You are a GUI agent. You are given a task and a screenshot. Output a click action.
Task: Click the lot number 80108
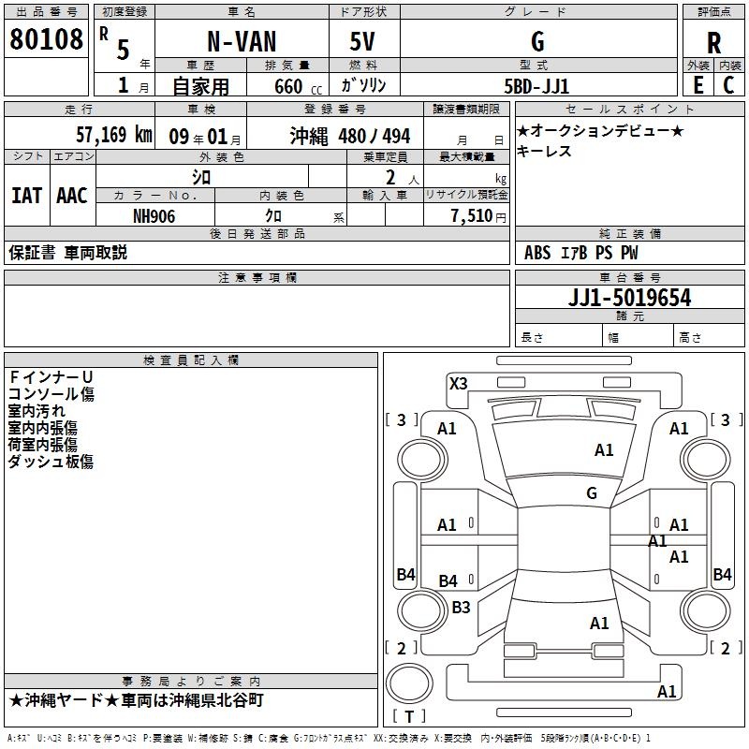tap(46, 40)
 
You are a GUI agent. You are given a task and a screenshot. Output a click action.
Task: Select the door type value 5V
tap(362, 42)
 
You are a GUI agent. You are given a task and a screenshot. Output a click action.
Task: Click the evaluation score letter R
tap(713, 43)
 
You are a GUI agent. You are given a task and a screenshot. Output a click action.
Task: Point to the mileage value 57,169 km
tap(114, 135)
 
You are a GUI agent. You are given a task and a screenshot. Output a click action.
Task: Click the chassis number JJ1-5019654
tap(629, 298)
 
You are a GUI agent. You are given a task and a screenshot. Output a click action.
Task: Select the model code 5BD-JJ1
tap(537, 85)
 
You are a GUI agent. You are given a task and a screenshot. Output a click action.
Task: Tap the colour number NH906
tap(154, 215)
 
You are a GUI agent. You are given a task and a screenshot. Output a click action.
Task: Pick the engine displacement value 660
tap(288, 86)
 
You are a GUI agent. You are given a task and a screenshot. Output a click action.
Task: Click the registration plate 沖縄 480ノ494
tap(349, 136)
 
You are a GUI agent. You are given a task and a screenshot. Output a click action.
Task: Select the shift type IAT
tap(26, 195)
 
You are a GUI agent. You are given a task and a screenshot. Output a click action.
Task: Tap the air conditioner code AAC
tap(71, 195)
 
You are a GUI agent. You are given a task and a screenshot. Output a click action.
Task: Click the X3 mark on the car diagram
tap(459, 383)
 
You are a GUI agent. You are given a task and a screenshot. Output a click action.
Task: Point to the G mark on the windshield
tap(592, 493)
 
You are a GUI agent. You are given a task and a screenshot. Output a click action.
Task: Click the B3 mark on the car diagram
tap(461, 608)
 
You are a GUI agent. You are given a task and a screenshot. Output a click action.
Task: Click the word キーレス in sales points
tap(544, 152)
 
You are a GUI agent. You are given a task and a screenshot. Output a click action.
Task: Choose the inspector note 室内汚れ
tap(37, 411)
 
